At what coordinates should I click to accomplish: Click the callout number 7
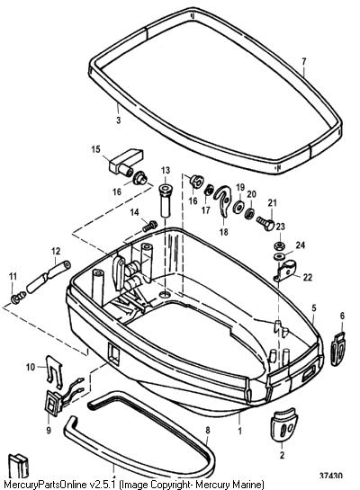304,61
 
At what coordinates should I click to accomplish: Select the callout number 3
118,120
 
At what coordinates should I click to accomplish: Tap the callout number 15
95,149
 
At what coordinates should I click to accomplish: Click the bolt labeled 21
265,223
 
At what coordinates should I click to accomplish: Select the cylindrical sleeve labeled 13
166,200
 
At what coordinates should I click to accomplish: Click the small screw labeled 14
150,226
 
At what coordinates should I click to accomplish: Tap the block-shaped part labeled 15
126,162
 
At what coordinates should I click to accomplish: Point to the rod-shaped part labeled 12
49,277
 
